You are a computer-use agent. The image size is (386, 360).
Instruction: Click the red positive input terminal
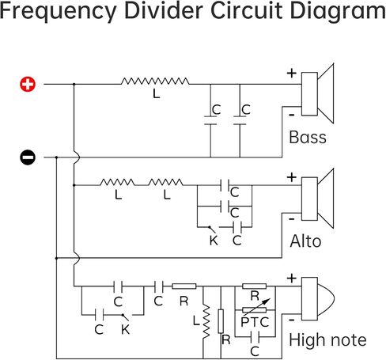28,85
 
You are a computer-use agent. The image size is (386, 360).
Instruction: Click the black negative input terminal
28,157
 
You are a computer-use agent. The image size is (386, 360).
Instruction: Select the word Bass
308,137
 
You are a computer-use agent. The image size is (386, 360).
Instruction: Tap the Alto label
305,241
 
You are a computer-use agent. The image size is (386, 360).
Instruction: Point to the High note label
327,339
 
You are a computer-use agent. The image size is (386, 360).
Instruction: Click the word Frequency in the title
59,11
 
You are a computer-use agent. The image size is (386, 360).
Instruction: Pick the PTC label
255,322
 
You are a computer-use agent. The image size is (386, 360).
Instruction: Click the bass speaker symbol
318,93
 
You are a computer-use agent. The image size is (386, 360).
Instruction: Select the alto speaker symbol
318,199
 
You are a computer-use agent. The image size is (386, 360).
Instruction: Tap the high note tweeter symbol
318,299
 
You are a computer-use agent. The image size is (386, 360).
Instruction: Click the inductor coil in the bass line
155,81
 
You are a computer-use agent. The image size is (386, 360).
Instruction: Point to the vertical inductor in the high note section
206,322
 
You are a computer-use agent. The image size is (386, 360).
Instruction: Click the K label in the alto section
214,241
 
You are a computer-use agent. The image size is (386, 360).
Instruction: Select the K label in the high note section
126,329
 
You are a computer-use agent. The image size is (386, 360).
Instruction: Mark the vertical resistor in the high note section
221,321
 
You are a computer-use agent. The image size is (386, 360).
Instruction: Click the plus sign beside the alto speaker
292,177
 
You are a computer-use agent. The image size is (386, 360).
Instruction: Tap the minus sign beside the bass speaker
292,115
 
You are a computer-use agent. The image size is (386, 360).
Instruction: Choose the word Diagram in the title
339,11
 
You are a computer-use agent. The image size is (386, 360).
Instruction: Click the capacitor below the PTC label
255,337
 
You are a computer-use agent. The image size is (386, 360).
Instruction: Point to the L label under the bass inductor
157,93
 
